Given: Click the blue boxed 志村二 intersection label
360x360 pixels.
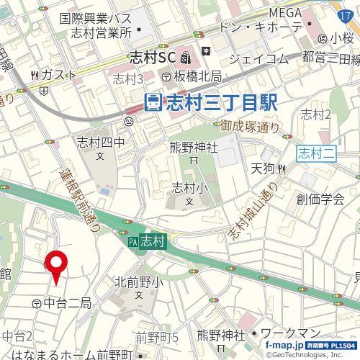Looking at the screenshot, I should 314,152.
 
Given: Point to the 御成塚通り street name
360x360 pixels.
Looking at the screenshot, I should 251,129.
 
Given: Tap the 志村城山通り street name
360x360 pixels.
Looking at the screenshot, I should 252,212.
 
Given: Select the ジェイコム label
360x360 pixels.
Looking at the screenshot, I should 258,58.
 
